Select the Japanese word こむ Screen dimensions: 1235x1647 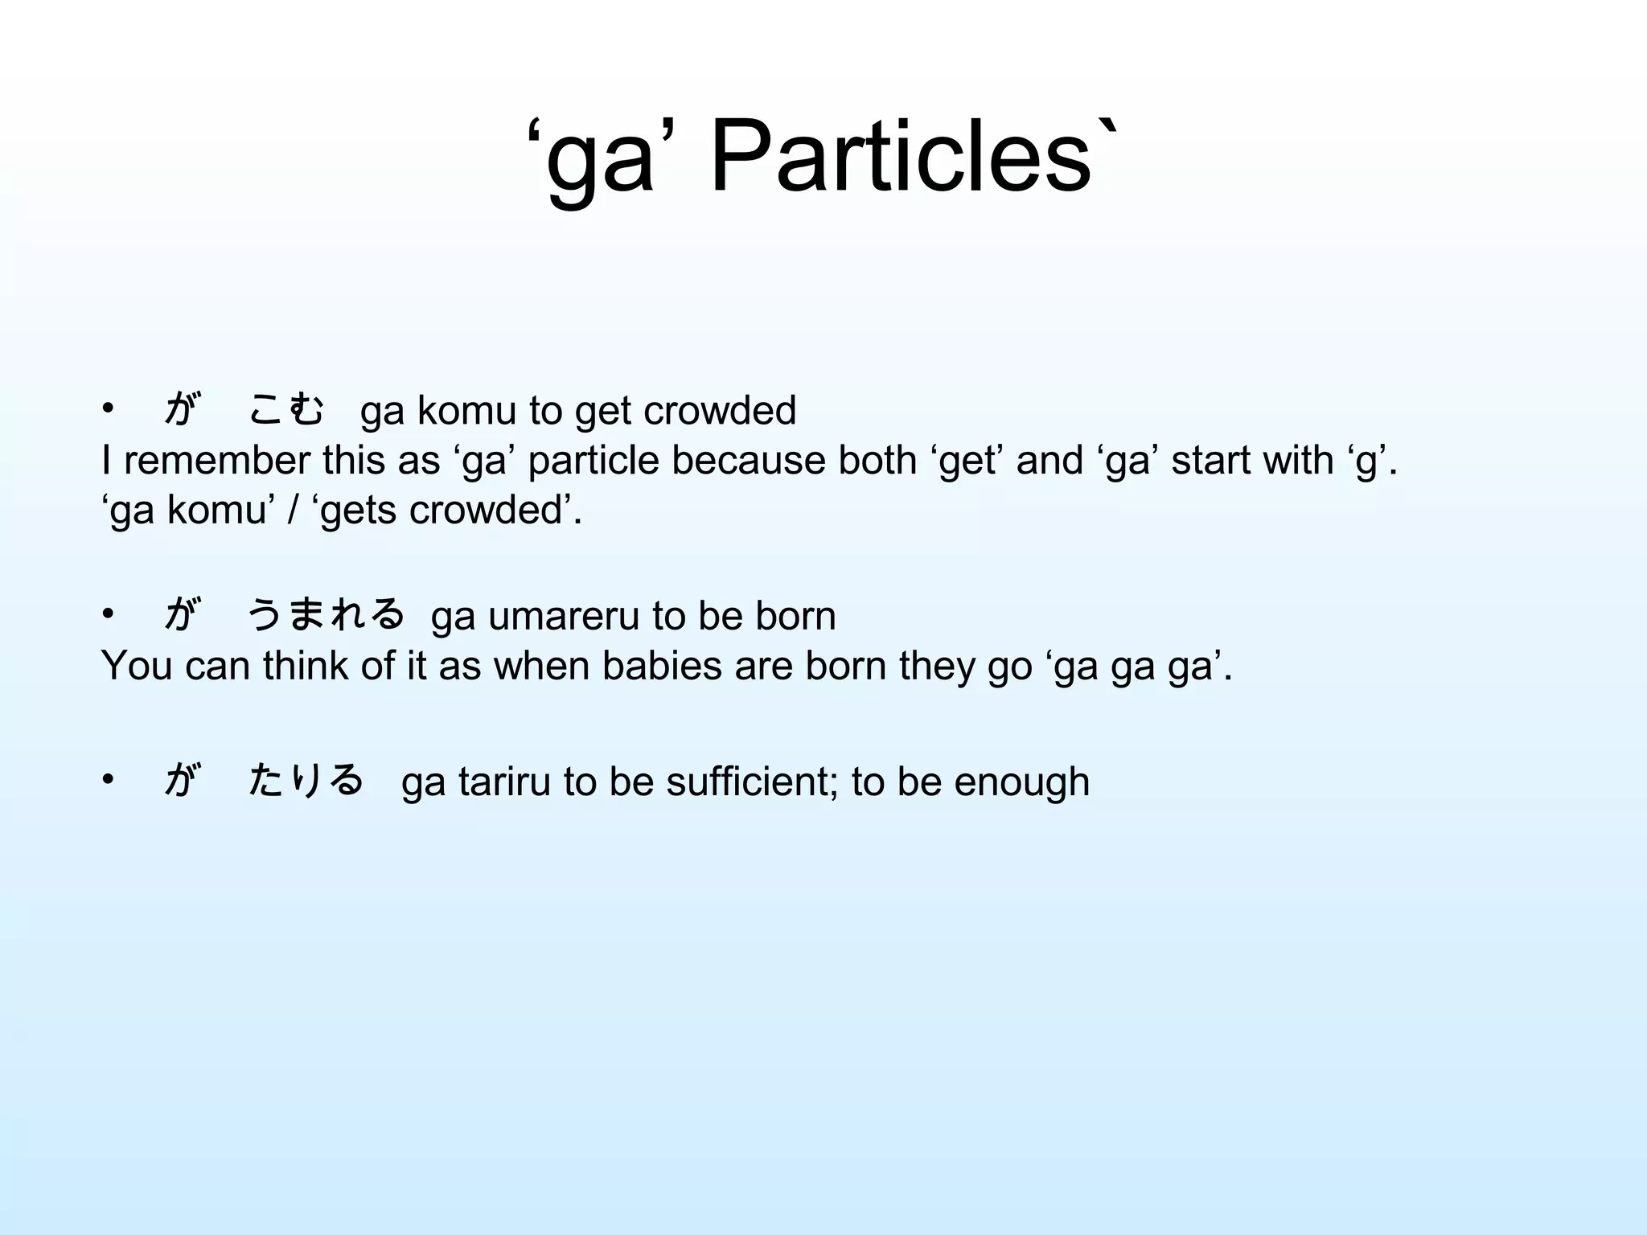(287, 409)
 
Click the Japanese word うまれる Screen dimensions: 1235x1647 (325, 615)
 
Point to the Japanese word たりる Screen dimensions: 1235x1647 (306, 780)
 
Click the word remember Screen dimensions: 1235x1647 (216, 461)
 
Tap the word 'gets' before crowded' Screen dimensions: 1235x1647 (359, 511)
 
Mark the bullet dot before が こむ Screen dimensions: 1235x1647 (109, 409)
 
